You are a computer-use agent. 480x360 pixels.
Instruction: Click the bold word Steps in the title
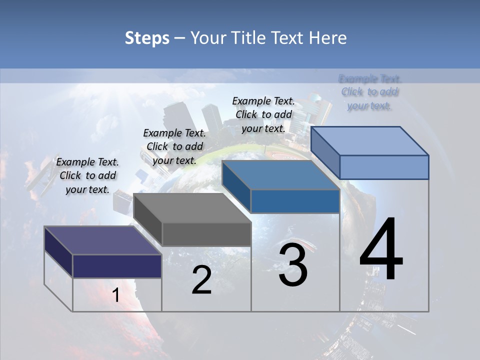pos(147,38)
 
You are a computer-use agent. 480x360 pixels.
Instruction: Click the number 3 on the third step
pos(293,265)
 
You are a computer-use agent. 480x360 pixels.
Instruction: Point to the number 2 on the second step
pos(201,280)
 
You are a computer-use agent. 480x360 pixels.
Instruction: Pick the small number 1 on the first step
pos(116,295)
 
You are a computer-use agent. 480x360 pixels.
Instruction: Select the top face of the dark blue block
pos(280,175)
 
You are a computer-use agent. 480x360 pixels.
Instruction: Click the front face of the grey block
pos(206,234)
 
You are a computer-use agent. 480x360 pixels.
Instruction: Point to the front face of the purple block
pos(117,266)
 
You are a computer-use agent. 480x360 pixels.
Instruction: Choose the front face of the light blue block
pos(384,167)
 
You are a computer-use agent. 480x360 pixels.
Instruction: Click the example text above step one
pos(87,175)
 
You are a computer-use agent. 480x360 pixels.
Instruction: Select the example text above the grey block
pos(174,146)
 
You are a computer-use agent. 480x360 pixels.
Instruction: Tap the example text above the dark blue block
pos(263,114)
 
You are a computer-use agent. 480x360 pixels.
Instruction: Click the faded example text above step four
pos(370,92)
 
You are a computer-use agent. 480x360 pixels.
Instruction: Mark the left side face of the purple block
pos(58,251)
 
